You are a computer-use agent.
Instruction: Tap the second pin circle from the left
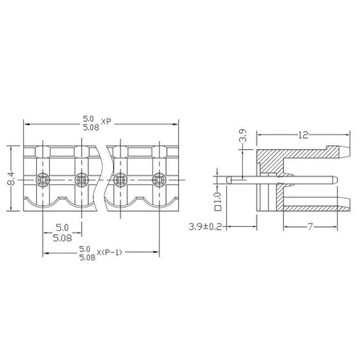(80, 178)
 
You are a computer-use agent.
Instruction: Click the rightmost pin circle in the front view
(157, 178)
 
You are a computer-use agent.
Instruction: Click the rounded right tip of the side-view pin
(337, 180)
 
